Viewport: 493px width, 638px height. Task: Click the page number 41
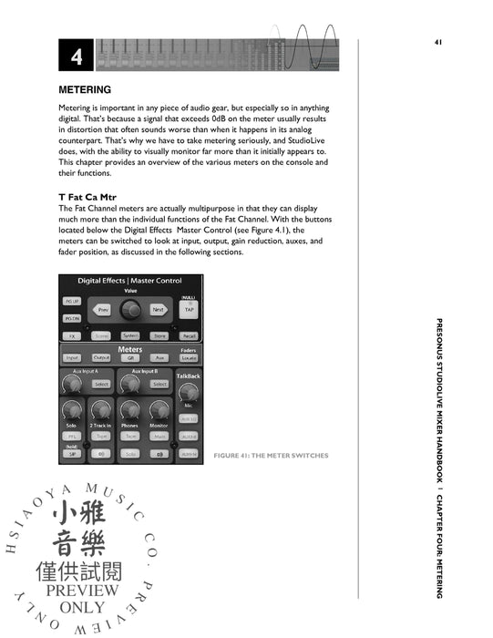click(x=437, y=42)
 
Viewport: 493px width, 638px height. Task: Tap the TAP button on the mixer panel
click(x=189, y=309)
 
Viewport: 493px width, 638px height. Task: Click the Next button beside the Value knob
click(x=159, y=310)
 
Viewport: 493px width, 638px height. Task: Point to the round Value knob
click(x=132, y=310)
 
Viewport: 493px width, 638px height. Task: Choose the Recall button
click(x=189, y=335)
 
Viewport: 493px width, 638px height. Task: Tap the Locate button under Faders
click(x=189, y=358)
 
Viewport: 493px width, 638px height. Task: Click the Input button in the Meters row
click(x=73, y=357)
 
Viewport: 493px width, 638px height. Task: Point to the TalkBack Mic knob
click(x=189, y=395)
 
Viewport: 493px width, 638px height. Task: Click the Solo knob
click(x=72, y=411)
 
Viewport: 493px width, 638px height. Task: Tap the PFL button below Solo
click(x=72, y=436)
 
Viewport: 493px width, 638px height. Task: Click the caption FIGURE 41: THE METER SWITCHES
click(x=271, y=455)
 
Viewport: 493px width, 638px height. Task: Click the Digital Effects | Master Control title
click(x=129, y=281)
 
